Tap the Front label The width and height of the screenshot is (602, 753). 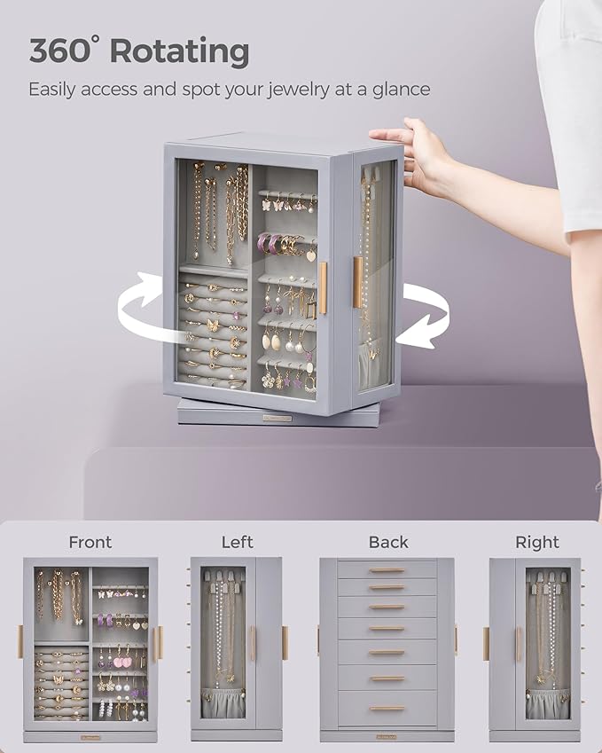90,542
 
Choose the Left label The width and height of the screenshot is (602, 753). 237,542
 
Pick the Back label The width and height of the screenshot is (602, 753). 388,542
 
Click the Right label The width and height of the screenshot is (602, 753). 537,542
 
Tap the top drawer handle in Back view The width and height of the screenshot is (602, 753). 387,570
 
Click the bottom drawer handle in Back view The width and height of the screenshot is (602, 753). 387,708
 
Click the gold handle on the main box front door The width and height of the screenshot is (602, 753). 323,288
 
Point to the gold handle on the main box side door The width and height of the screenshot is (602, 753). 357,282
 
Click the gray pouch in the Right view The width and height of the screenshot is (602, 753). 547,704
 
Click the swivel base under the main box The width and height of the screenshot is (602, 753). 266,413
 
